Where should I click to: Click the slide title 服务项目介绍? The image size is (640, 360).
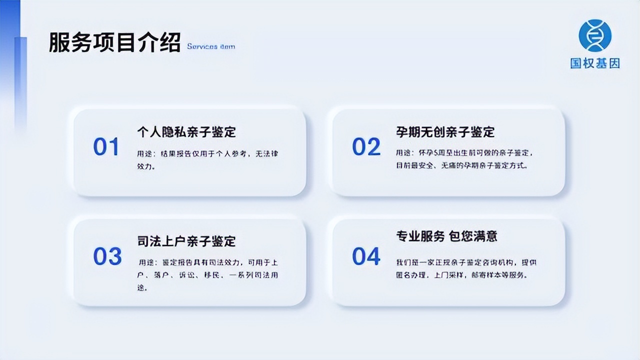tap(114, 43)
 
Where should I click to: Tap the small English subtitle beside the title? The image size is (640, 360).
tap(210, 46)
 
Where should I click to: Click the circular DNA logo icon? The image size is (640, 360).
tap(595, 35)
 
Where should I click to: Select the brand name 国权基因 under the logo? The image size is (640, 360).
tap(595, 63)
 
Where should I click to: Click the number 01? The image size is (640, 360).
tap(106, 147)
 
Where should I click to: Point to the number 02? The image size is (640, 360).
tap(366, 147)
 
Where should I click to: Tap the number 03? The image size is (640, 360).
tap(107, 256)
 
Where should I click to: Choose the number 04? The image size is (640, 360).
tap(366, 256)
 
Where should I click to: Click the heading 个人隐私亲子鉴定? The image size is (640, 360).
tap(186, 132)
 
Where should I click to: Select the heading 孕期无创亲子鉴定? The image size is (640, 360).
tap(445, 132)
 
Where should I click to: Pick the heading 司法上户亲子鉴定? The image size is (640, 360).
tap(186, 241)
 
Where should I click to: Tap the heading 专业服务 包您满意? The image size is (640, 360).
tap(446, 236)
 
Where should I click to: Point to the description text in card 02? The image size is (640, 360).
tap(461, 158)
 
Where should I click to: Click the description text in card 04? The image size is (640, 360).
tap(466, 268)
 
